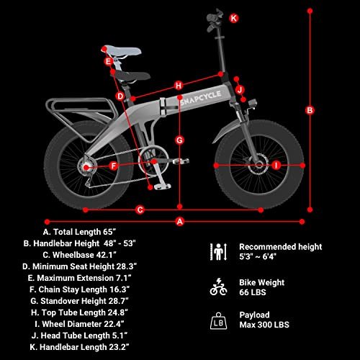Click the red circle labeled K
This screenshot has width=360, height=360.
234,18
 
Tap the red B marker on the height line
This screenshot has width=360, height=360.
310,110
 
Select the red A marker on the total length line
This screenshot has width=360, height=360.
180,221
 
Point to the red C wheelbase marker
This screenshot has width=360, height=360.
140,210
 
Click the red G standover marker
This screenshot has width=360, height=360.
179,140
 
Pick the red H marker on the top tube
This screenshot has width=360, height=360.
179,86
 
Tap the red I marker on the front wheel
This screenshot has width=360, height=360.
276,165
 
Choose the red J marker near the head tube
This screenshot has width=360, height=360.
240,90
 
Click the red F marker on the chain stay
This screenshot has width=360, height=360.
114,166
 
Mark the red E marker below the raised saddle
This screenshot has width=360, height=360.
109,61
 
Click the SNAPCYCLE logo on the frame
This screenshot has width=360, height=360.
201,98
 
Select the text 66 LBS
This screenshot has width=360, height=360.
253,292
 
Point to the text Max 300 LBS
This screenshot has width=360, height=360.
264,325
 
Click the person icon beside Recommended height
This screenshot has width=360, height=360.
218,252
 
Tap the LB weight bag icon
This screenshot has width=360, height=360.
218,321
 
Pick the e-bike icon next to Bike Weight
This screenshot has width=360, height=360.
218,287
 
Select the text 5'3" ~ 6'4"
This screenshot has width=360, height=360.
258,256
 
